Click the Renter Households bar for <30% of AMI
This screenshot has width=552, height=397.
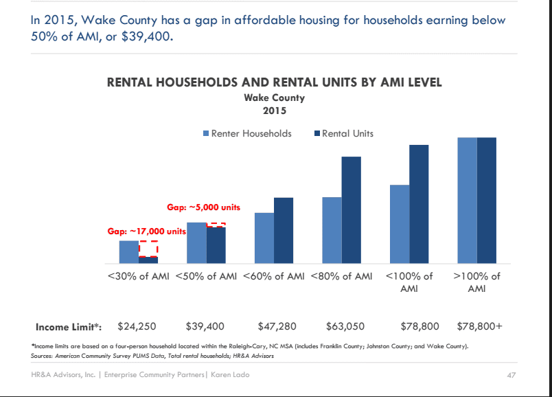[129, 252]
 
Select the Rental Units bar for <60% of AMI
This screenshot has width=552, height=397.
[284, 230]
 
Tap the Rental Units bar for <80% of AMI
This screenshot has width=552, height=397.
[352, 210]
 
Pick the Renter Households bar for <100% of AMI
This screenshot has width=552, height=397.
[400, 224]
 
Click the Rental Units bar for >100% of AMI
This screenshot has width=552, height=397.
[487, 201]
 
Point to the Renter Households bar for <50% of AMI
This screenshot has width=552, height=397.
[196, 242]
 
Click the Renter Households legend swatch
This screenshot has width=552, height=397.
[206, 133]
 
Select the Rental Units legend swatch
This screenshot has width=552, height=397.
[317, 133]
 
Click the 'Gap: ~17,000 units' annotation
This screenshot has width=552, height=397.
[146, 231]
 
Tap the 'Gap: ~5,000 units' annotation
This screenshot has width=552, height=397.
[203, 207]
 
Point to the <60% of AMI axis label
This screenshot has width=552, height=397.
[273, 276]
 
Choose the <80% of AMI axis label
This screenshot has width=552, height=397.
[341, 276]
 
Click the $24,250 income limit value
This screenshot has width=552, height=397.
[137, 326]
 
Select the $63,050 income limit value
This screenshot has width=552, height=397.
[345, 326]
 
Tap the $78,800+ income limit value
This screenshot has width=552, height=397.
[479, 326]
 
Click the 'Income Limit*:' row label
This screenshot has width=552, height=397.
[69, 327]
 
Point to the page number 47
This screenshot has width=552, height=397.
[511, 375]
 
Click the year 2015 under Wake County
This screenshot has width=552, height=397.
[275, 111]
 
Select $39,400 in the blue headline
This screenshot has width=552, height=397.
[147, 36]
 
